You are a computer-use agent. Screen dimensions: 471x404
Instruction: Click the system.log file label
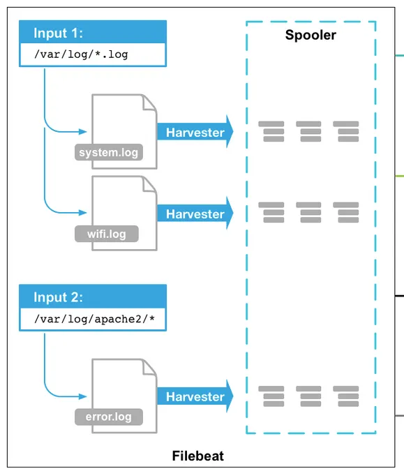pyautogui.click(x=108, y=152)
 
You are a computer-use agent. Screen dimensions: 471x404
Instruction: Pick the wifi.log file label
pyautogui.click(x=107, y=234)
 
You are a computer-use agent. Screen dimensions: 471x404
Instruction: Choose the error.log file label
pyautogui.click(x=108, y=417)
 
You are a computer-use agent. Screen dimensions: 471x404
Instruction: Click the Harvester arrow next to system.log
pyautogui.click(x=195, y=133)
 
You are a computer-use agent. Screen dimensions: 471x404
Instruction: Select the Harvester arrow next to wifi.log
pyautogui.click(x=195, y=214)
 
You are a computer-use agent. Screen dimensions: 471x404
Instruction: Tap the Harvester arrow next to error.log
pyautogui.click(x=195, y=397)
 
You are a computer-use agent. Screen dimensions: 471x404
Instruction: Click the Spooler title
pyautogui.click(x=311, y=35)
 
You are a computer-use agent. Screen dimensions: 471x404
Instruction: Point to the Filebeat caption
pyautogui.click(x=198, y=456)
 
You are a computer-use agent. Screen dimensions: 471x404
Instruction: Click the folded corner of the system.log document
pyautogui.click(x=149, y=103)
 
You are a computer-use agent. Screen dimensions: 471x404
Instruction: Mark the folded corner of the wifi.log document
pyautogui.click(x=149, y=185)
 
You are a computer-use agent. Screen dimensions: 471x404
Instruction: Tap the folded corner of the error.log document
pyautogui.click(x=149, y=368)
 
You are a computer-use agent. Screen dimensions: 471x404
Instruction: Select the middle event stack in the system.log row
pyautogui.click(x=308, y=131)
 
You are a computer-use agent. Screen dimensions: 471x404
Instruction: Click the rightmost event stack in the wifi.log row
pyautogui.click(x=346, y=212)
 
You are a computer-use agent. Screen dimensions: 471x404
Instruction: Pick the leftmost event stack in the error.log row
pyautogui.click(x=271, y=396)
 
